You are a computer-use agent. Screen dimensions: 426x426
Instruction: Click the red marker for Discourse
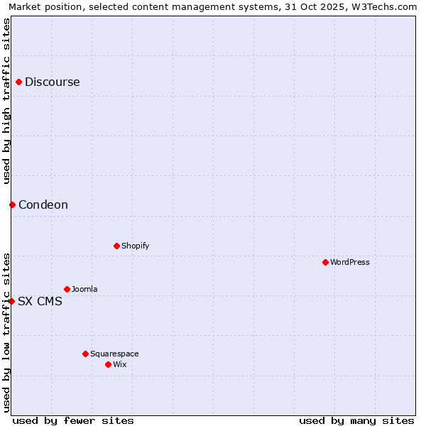click(x=18, y=82)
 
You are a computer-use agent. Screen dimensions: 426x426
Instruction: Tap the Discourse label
click(x=52, y=82)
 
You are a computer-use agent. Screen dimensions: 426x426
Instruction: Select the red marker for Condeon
click(x=12, y=204)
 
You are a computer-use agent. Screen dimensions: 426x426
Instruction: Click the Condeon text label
click(x=43, y=205)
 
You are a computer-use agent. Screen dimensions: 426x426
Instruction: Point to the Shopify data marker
click(x=116, y=246)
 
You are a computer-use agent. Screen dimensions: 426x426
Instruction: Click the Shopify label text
click(x=135, y=246)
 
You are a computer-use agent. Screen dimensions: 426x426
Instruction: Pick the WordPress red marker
click(x=325, y=262)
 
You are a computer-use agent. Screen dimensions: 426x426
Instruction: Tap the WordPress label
click(x=349, y=262)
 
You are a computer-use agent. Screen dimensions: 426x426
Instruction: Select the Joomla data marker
click(x=67, y=289)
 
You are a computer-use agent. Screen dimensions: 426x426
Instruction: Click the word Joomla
click(x=84, y=289)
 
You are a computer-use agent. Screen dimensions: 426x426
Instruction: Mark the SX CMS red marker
click(x=11, y=301)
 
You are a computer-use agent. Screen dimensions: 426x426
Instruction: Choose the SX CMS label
click(x=40, y=301)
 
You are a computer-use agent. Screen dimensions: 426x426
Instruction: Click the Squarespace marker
click(x=85, y=354)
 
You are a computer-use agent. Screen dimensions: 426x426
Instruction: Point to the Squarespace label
click(x=114, y=354)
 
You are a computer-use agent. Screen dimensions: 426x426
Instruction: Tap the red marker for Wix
click(x=108, y=364)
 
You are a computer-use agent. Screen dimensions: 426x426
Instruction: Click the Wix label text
click(x=120, y=364)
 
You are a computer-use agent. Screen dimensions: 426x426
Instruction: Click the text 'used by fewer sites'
click(x=73, y=420)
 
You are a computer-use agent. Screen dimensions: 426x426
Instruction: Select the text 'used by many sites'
click(x=356, y=420)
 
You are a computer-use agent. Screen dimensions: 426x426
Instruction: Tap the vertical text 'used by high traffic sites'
click(x=6, y=101)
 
